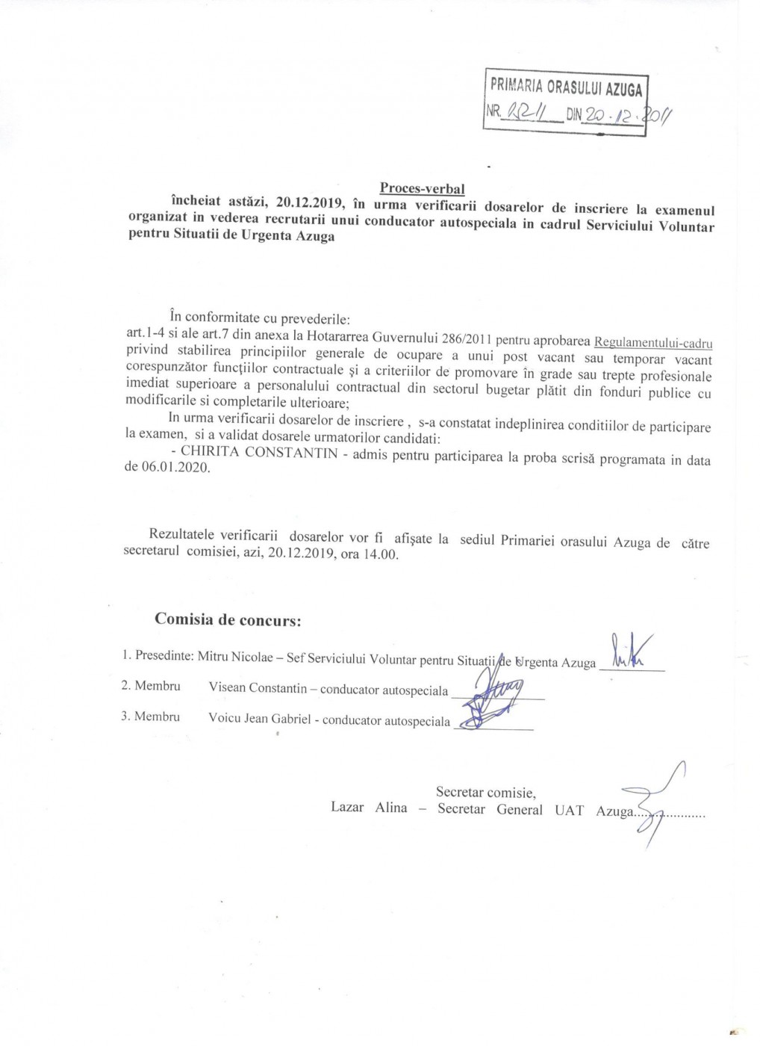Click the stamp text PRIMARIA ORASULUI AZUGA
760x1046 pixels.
pyautogui.click(x=566, y=87)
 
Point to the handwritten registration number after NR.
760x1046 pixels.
pyautogui.click(x=526, y=113)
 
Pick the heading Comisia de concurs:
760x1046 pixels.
pyautogui.click(x=228, y=619)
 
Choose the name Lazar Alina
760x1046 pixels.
pyautogui.click(x=369, y=808)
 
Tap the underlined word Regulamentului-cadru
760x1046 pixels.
pyautogui.click(x=652, y=343)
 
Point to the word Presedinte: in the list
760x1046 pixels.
pyautogui.click(x=164, y=655)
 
